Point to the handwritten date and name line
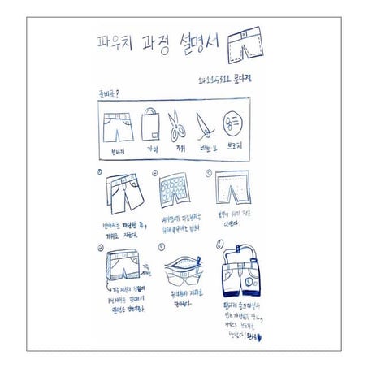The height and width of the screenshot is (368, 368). (x=234, y=81)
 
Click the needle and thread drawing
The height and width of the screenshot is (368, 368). (x=206, y=127)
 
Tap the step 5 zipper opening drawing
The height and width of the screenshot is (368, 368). (x=175, y=268)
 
